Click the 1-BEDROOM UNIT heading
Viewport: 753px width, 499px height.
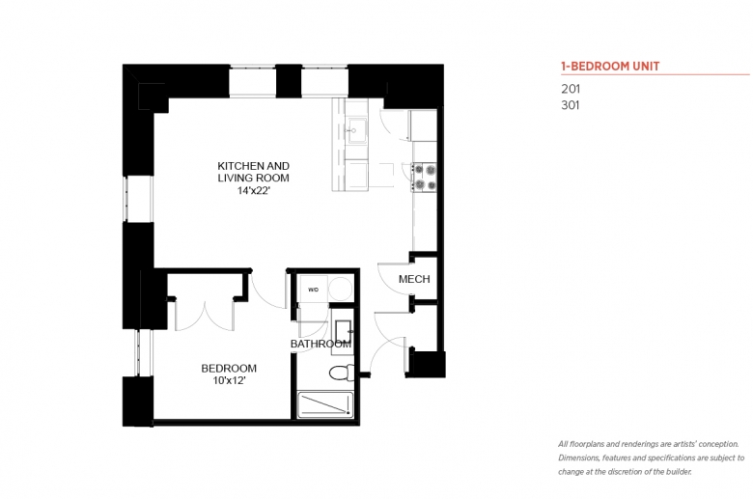coord(610,67)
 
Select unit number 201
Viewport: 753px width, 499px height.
coord(571,89)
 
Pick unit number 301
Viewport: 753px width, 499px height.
coord(571,105)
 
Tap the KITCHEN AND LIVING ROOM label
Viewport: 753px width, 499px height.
coord(254,172)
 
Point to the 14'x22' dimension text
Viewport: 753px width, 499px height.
coord(254,191)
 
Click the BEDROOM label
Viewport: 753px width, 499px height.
coord(229,369)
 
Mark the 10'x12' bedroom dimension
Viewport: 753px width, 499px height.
coord(229,381)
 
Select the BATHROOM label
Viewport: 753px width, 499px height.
coord(321,344)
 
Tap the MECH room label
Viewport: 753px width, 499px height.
coord(414,279)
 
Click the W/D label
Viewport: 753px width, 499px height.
coord(313,290)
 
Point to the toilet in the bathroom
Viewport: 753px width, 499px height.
coord(342,373)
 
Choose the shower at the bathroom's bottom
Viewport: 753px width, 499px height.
coord(325,404)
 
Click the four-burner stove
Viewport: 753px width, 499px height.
coord(424,177)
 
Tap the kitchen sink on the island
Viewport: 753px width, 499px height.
coord(357,129)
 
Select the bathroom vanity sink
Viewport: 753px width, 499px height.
coord(343,332)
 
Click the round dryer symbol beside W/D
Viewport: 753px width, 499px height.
coord(341,290)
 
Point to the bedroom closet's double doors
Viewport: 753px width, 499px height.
coord(205,316)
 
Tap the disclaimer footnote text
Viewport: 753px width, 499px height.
coord(651,457)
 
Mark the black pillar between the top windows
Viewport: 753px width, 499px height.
coord(289,81)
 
